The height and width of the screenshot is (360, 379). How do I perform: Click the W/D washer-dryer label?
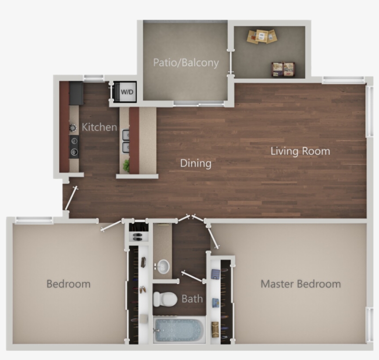[x=127, y=92]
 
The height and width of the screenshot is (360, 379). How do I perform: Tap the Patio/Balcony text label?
[x=186, y=62]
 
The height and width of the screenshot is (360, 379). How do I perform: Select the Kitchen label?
[x=99, y=127]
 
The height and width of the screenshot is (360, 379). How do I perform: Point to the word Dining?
[x=196, y=163]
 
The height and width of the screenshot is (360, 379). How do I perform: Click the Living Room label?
[x=300, y=151]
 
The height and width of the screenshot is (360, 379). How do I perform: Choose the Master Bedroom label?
[x=300, y=284]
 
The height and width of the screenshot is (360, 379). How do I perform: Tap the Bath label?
[x=192, y=298]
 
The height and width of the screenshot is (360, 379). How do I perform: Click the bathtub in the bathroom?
[x=178, y=330]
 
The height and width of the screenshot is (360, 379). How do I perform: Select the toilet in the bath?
[x=165, y=299]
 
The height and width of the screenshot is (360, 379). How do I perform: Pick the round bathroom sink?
[x=163, y=267]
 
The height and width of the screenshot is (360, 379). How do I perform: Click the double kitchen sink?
[x=125, y=141]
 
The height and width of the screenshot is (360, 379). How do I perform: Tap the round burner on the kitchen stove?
[x=73, y=127]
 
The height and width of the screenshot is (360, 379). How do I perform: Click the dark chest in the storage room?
[x=283, y=69]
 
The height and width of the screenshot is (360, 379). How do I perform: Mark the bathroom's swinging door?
[x=193, y=277]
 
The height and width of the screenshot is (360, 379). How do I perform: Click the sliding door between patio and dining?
[x=199, y=105]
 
